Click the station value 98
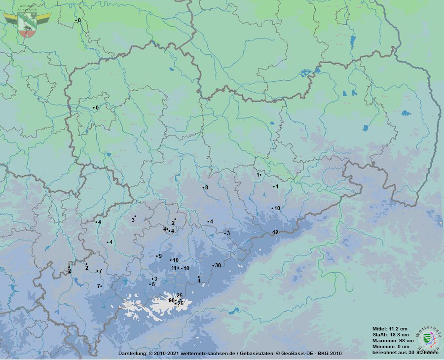[x=171, y=300]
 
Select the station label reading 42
[x=275, y=232]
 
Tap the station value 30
[x=218, y=265]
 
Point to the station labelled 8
[x=206, y=187]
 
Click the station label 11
[x=174, y=268]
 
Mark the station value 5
[x=153, y=284]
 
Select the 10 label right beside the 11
[x=186, y=268]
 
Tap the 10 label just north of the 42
[x=277, y=208]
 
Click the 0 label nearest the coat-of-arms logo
[x=79, y=20]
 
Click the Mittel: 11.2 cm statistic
[x=390, y=328]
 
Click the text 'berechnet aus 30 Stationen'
[x=405, y=352]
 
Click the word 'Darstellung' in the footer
[x=132, y=354]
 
